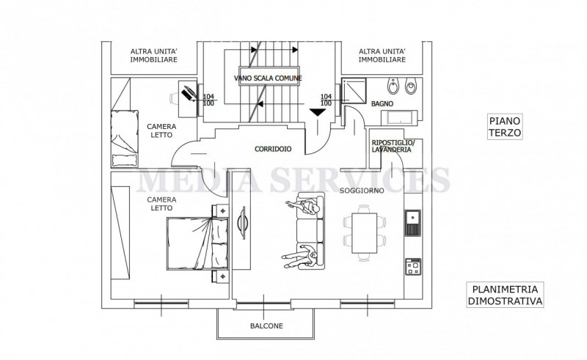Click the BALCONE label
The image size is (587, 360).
click(266, 326)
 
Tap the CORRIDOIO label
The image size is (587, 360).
click(273, 149)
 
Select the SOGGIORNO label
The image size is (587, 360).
click(362, 191)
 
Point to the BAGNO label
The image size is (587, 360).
click(382, 103)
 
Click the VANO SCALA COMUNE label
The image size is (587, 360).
click(268, 78)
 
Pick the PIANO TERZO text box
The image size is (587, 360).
click(505, 127)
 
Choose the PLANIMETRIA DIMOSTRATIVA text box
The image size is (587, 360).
click(505, 295)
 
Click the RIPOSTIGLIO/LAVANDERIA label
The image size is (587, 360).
click(393, 146)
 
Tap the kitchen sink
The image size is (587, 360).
click(412, 223)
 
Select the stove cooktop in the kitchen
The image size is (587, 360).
click(413, 266)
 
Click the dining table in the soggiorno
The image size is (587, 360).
click(364, 233)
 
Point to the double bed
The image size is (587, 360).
click(197, 243)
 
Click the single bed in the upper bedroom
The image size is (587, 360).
click(125, 139)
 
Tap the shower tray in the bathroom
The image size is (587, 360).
click(354, 90)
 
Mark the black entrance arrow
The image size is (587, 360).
click(318, 112)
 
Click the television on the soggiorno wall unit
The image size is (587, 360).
click(241, 223)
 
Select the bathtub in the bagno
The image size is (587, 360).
click(399, 118)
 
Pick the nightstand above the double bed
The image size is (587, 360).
click(221, 210)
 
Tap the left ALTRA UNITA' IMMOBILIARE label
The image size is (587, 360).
click(154, 56)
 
